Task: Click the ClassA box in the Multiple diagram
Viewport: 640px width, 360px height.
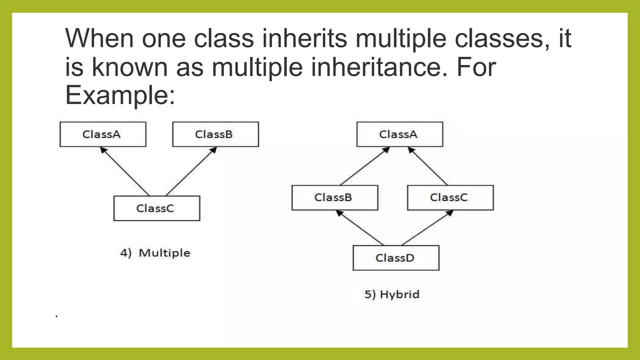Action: click(x=103, y=134)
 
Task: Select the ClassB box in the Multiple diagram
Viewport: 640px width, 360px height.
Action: click(x=215, y=134)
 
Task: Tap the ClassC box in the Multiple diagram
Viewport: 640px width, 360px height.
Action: click(x=157, y=208)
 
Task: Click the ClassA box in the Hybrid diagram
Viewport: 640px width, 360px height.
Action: click(x=400, y=134)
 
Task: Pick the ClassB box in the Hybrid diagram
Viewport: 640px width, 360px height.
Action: click(x=335, y=197)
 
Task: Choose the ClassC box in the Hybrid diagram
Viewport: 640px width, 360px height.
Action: click(x=450, y=197)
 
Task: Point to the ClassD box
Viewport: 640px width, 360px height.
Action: click(x=396, y=258)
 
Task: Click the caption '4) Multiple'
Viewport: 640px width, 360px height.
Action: click(x=155, y=253)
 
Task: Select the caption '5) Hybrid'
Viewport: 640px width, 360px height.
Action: click(x=392, y=294)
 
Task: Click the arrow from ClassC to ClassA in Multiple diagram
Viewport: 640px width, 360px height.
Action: click(x=125, y=172)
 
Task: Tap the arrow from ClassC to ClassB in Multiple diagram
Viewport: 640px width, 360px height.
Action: click(x=191, y=172)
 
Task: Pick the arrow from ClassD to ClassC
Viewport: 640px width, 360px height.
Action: click(x=427, y=228)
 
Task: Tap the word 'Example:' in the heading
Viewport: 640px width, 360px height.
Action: click(x=120, y=95)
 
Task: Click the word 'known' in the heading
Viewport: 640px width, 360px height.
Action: click(x=130, y=67)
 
